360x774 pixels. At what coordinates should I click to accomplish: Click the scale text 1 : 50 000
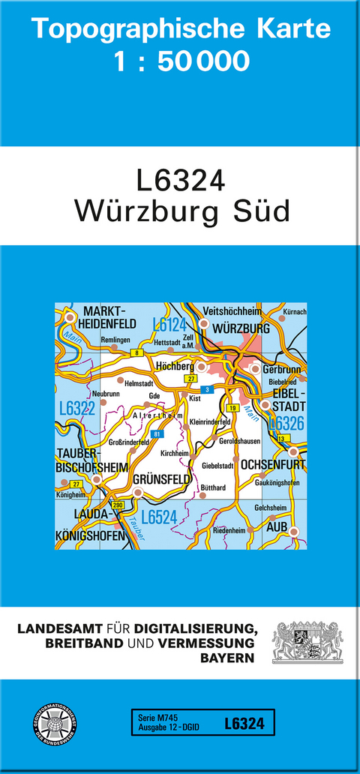[x=180, y=61]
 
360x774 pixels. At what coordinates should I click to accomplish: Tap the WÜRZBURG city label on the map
[x=241, y=329]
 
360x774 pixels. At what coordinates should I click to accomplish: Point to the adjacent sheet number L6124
[x=169, y=324]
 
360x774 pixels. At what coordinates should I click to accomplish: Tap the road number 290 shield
[x=117, y=506]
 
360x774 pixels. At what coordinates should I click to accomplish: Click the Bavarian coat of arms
[x=307, y=642]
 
